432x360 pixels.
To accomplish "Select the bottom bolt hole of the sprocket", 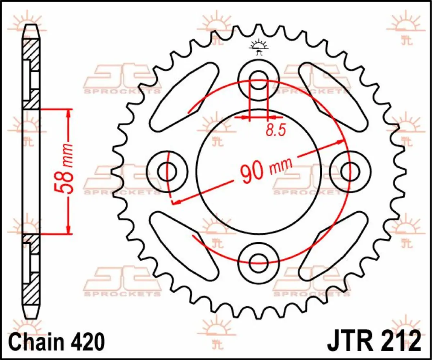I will (x=259, y=261).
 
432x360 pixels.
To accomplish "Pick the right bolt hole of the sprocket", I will (x=349, y=171).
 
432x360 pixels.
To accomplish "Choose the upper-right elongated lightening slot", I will (x=333, y=97).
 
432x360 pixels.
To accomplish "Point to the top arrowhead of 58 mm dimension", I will (x=68, y=112).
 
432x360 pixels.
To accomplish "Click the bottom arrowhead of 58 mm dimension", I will (x=68, y=230).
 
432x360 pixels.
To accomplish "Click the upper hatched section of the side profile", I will (x=32, y=72).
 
